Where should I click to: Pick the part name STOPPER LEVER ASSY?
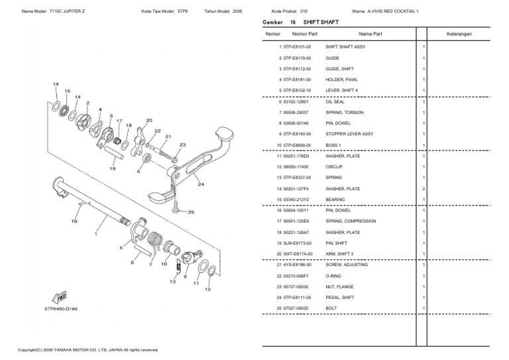point(349,134)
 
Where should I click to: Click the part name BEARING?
point(335,199)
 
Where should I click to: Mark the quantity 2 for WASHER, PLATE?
point(424,188)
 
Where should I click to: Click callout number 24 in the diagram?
point(200,184)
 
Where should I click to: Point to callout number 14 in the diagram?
point(56,84)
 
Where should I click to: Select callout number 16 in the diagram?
point(74,221)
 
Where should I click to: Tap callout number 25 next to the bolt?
point(191,212)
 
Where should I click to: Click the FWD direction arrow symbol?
point(58,296)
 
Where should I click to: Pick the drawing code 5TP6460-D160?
point(61,309)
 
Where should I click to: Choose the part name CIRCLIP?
point(335,166)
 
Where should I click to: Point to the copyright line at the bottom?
point(87,349)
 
